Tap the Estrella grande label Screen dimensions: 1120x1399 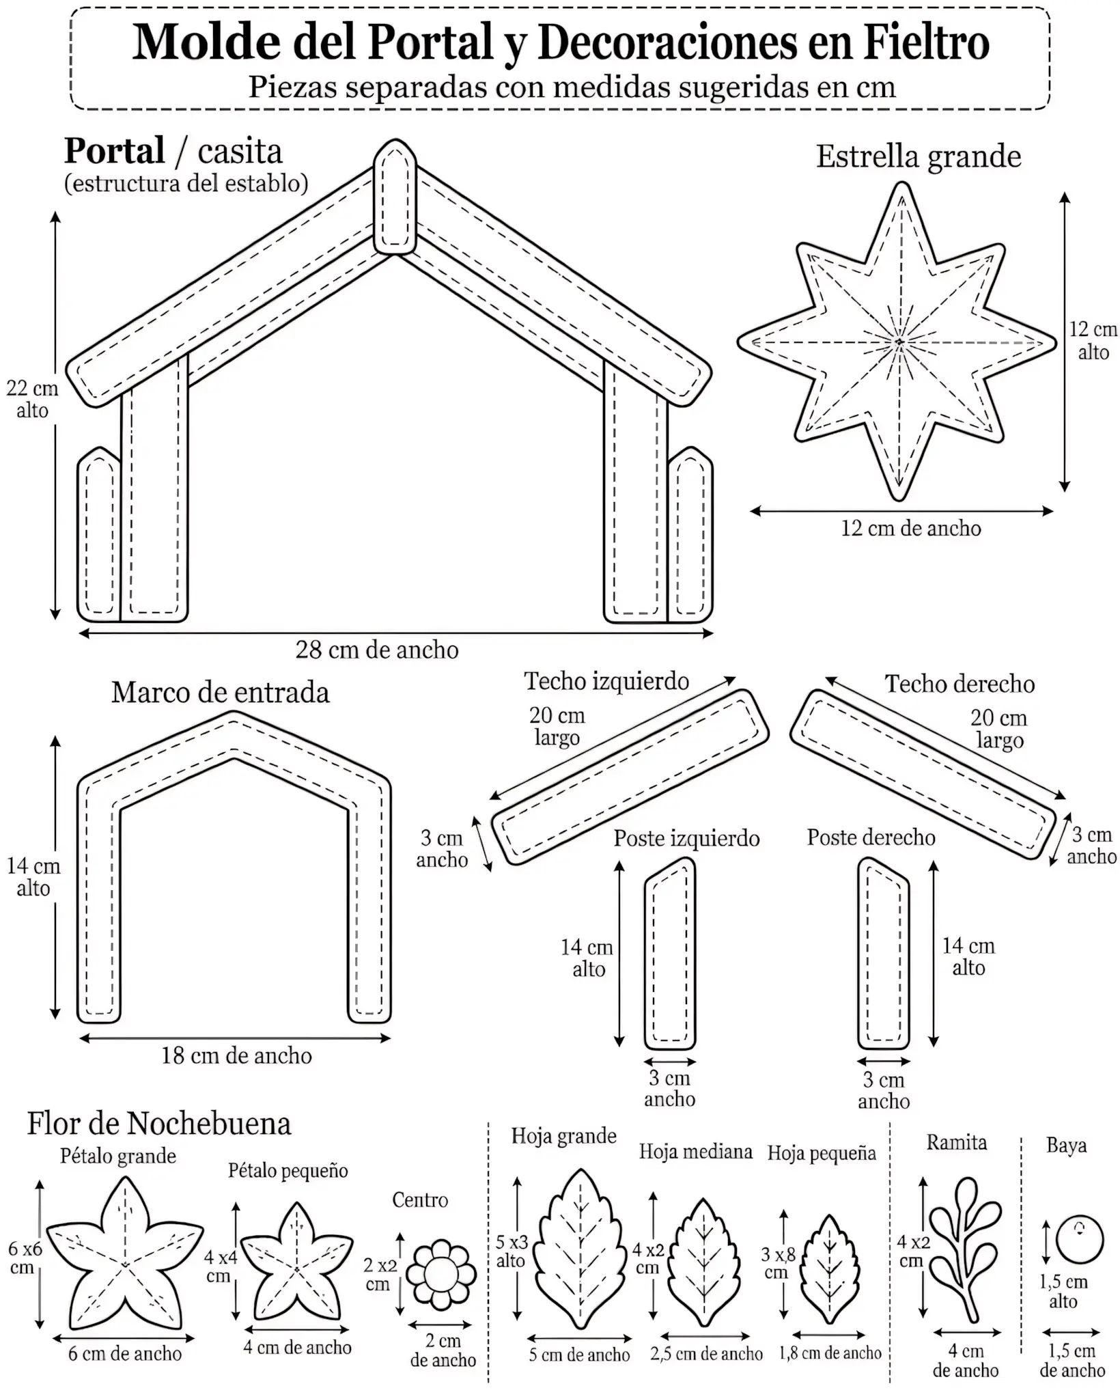pyautogui.click(x=919, y=156)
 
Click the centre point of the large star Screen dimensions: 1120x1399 pyautogui.click(x=899, y=341)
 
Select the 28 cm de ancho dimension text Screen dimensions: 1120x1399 pyautogui.click(x=377, y=650)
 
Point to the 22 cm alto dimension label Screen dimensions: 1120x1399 pyautogui.click(x=32, y=399)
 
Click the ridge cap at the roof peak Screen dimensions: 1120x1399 pyautogui.click(x=395, y=197)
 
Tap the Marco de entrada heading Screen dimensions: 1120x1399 pyautogui.click(x=220, y=692)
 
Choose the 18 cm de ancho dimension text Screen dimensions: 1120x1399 pyautogui.click(x=236, y=1055)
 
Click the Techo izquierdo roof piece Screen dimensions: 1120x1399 pyautogui.click(x=630, y=777)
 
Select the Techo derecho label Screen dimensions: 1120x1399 pyautogui.click(x=960, y=684)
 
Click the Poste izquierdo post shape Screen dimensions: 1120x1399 pyautogui.click(x=670, y=954)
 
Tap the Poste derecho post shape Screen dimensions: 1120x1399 pyautogui.click(x=884, y=954)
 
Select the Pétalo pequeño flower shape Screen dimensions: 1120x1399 pyautogui.click(x=297, y=1261)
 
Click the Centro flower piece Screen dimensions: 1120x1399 pyautogui.click(x=441, y=1275)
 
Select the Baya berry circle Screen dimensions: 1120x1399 pyautogui.click(x=1080, y=1240)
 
